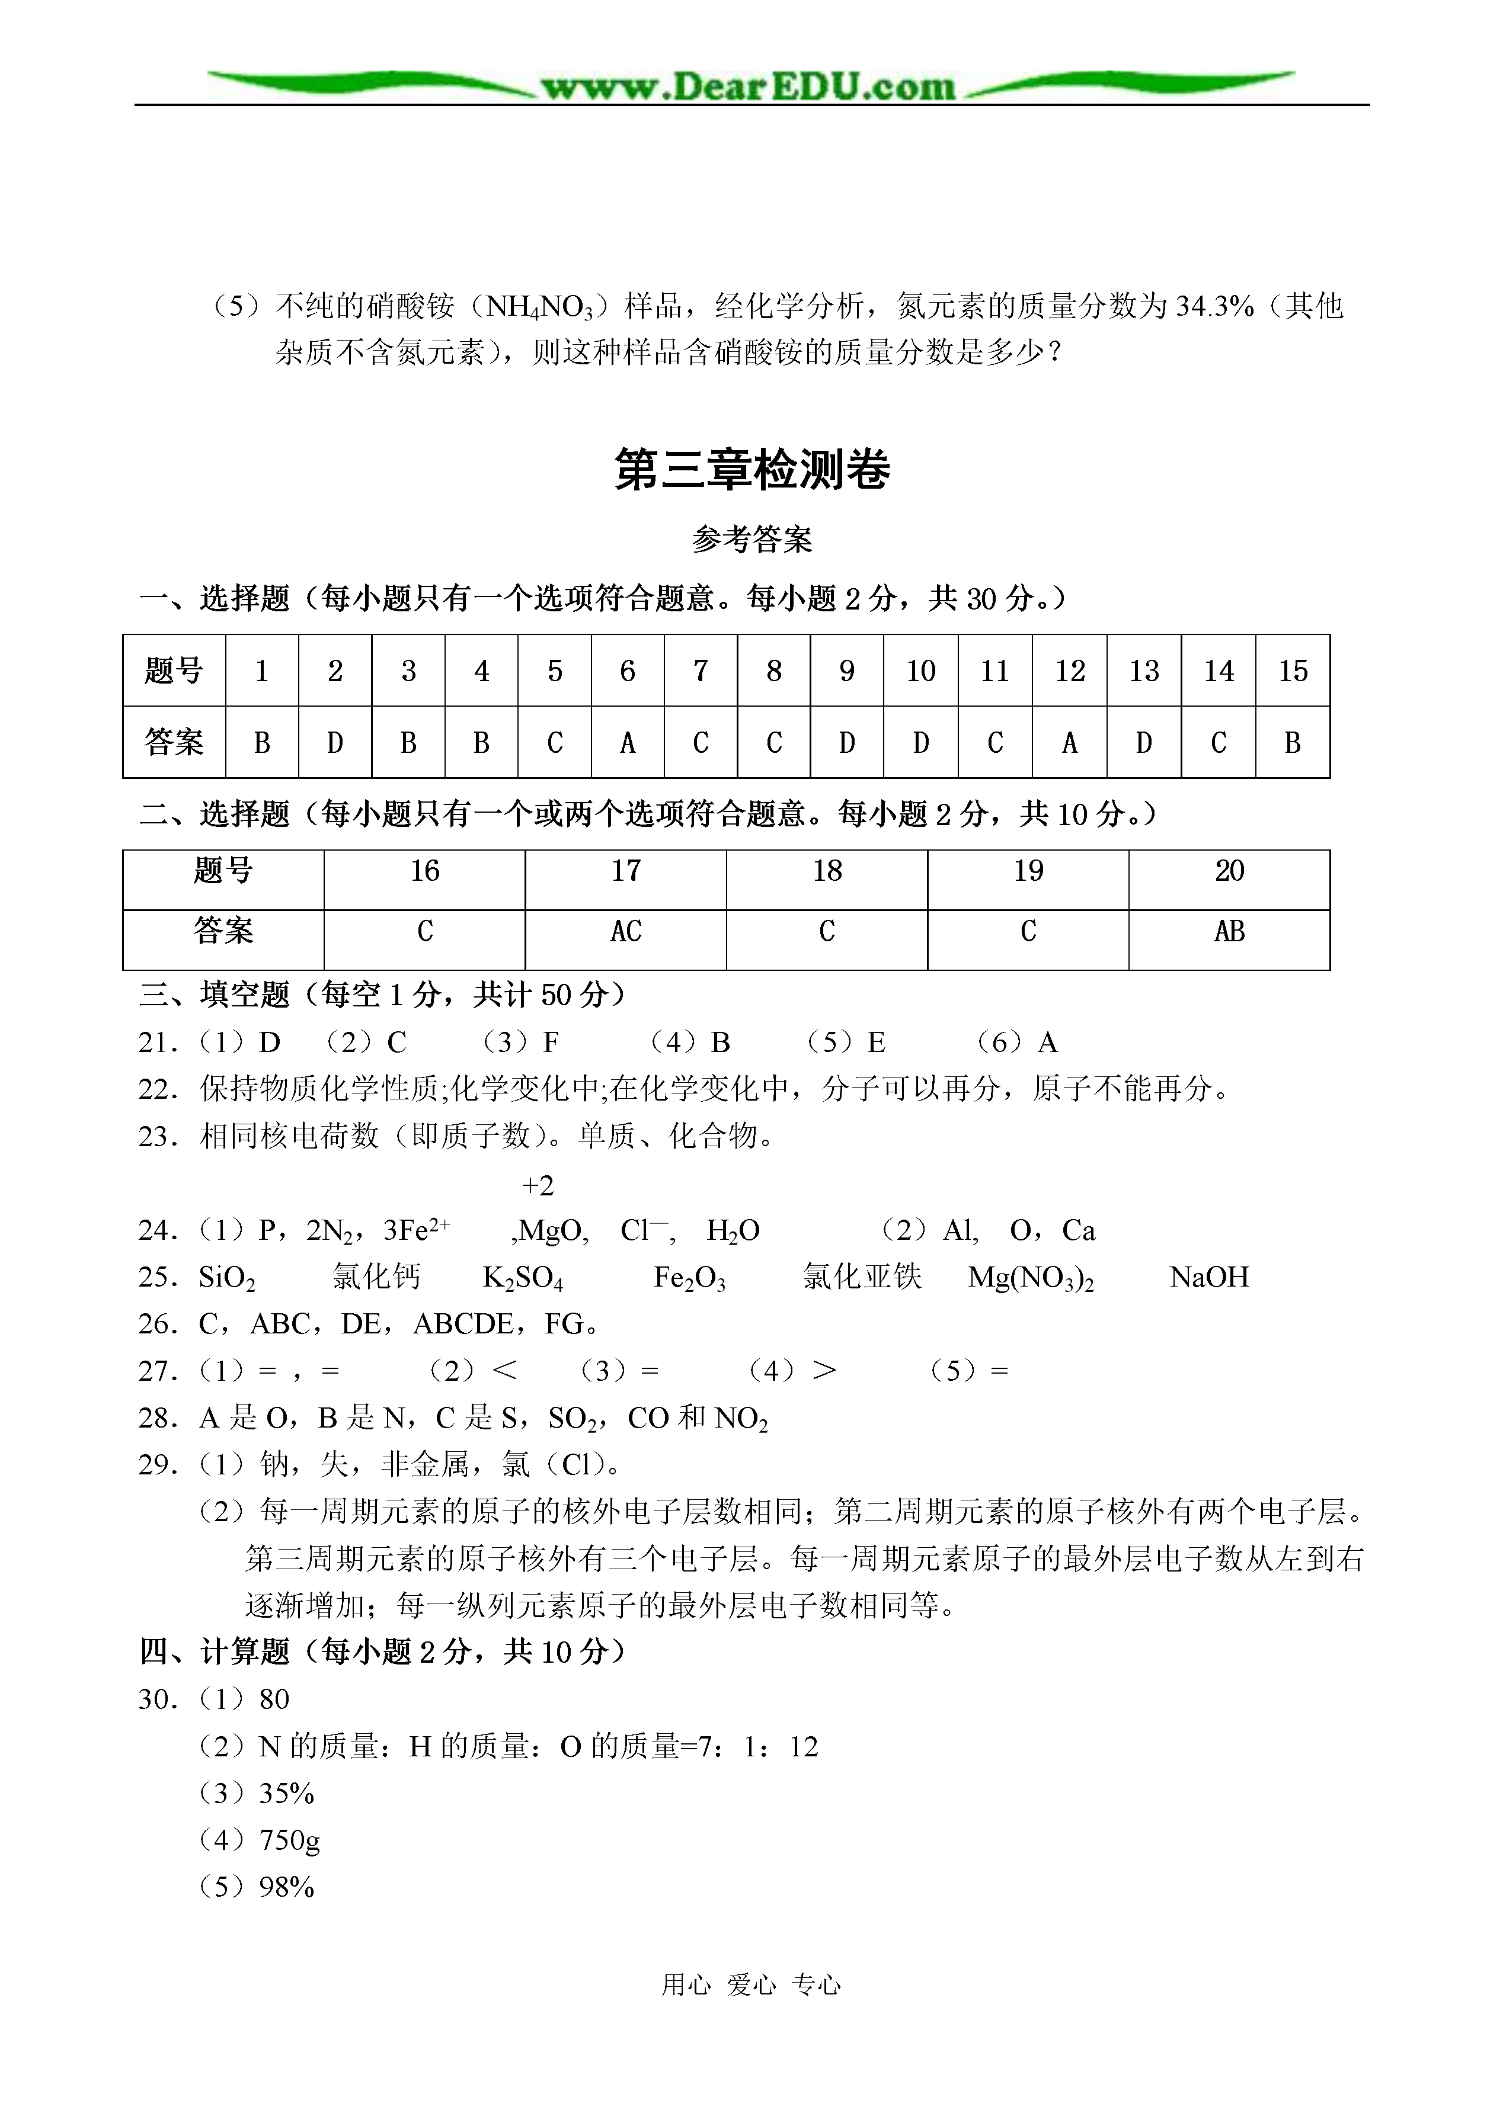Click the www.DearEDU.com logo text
click(748, 87)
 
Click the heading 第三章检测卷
click(751, 469)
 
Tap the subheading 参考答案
click(751, 539)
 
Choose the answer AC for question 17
click(626, 932)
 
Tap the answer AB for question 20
click(1229, 932)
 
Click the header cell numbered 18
click(826, 871)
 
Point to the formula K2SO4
click(523, 1278)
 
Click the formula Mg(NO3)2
click(1030, 1278)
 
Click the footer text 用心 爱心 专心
click(750, 1984)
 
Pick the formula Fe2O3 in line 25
click(689, 1278)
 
